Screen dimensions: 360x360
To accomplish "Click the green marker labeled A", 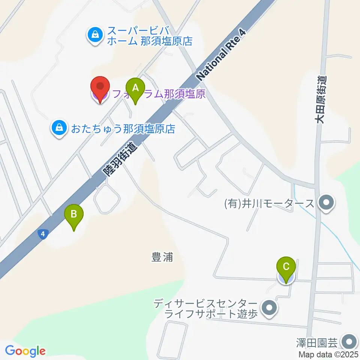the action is click(x=136, y=88).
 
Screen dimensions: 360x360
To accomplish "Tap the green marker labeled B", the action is click(x=74, y=215).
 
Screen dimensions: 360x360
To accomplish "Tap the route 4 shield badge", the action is click(x=43, y=235).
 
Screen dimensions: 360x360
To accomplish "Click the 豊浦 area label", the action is click(x=162, y=257).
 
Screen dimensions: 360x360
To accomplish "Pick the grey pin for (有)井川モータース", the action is click(x=325, y=204).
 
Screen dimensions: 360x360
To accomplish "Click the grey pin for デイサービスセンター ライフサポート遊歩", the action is click(x=269, y=308).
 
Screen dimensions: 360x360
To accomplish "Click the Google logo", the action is click(x=25, y=351).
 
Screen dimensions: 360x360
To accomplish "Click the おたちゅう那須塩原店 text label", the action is click(x=121, y=129).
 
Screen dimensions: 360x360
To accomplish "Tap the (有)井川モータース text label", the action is click(x=269, y=204).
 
